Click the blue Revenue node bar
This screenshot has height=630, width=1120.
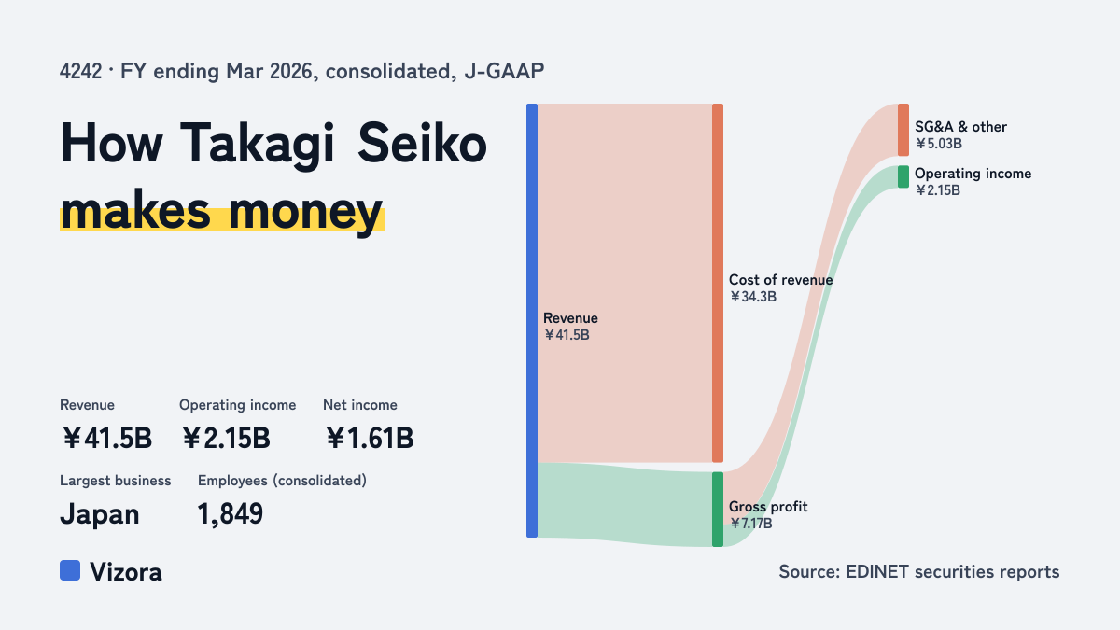pyautogui.click(x=532, y=320)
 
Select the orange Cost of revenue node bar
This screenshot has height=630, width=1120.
pyautogui.click(x=718, y=283)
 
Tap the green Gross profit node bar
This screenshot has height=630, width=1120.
pyautogui.click(x=718, y=509)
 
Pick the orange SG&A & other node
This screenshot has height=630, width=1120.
pyautogui.click(x=903, y=130)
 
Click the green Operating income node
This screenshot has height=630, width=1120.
pyautogui.click(x=903, y=176)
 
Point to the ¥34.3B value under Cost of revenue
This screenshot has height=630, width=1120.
pyautogui.click(x=752, y=297)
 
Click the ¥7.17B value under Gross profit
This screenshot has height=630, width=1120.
pyautogui.click(x=750, y=523)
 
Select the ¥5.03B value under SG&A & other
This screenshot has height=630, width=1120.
pyautogui.click(x=939, y=144)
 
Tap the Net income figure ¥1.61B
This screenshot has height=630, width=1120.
pyautogui.click(x=369, y=438)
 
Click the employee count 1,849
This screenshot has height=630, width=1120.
pyautogui.click(x=230, y=513)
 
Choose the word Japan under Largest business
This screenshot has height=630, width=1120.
pyautogui.click(x=100, y=514)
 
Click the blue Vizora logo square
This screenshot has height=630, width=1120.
pyautogui.click(x=70, y=570)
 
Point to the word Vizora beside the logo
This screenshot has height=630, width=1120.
pyautogui.click(x=126, y=572)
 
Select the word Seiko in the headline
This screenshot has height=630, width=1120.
pyautogui.click(x=422, y=143)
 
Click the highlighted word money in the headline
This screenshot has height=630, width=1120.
pyautogui.click(x=305, y=211)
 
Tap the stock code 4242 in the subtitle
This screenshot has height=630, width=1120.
pyautogui.click(x=80, y=71)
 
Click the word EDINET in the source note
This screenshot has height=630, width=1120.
pyautogui.click(x=877, y=571)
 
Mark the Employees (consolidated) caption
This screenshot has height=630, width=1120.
pyautogui.click(x=282, y=481)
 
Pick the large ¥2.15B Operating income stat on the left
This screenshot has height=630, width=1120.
pyautogui.click(x=226, y=438)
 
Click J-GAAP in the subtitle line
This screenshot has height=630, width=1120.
pyautogui.click(x=504, y=71)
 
